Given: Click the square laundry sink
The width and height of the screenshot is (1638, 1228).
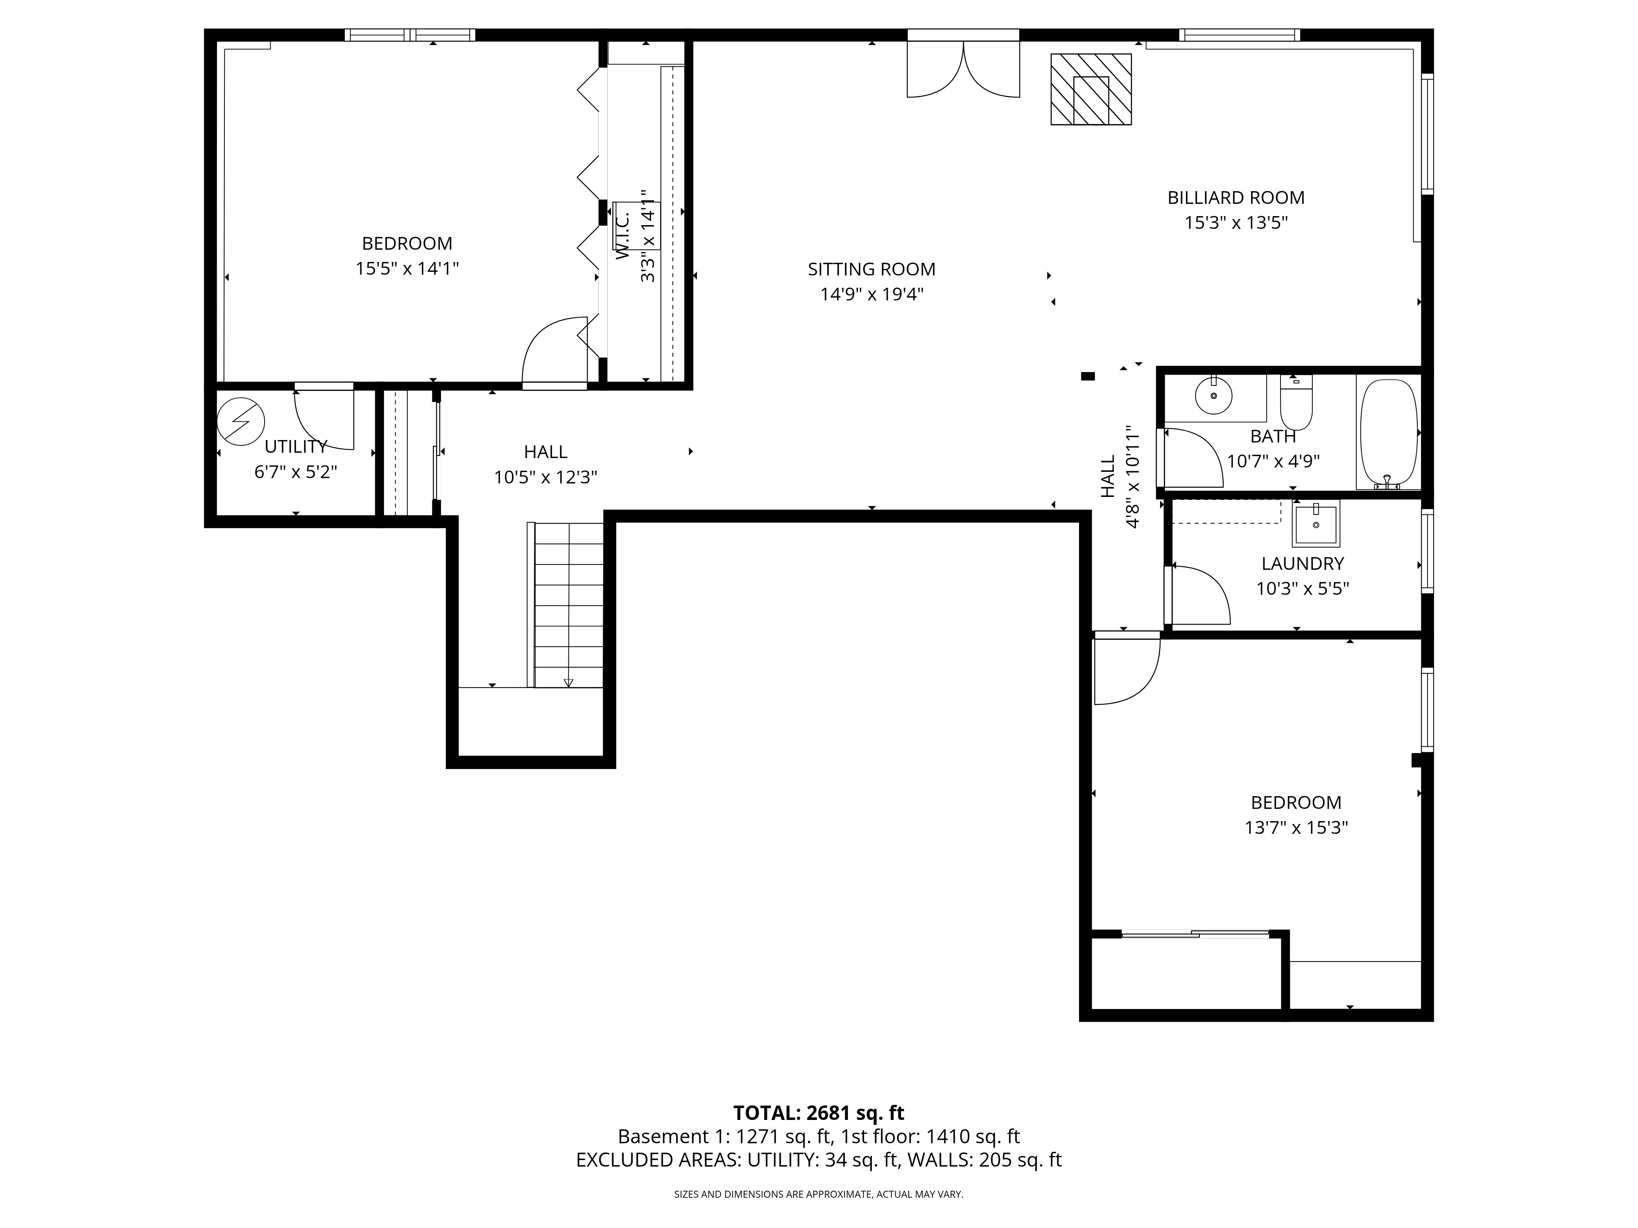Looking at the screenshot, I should coord(1316,523).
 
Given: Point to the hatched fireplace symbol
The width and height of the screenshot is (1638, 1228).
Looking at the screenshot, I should coord(1091,89).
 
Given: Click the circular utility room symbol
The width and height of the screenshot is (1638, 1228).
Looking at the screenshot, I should coord(241,421).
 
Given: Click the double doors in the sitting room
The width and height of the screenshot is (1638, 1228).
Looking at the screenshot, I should coord(964,70).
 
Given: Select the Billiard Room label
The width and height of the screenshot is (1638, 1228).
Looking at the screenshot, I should coord(1236,198).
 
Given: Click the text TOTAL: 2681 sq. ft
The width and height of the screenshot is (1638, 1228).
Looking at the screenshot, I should coord(818,1113).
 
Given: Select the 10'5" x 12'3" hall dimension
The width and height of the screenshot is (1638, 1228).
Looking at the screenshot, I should coord(546,477).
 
